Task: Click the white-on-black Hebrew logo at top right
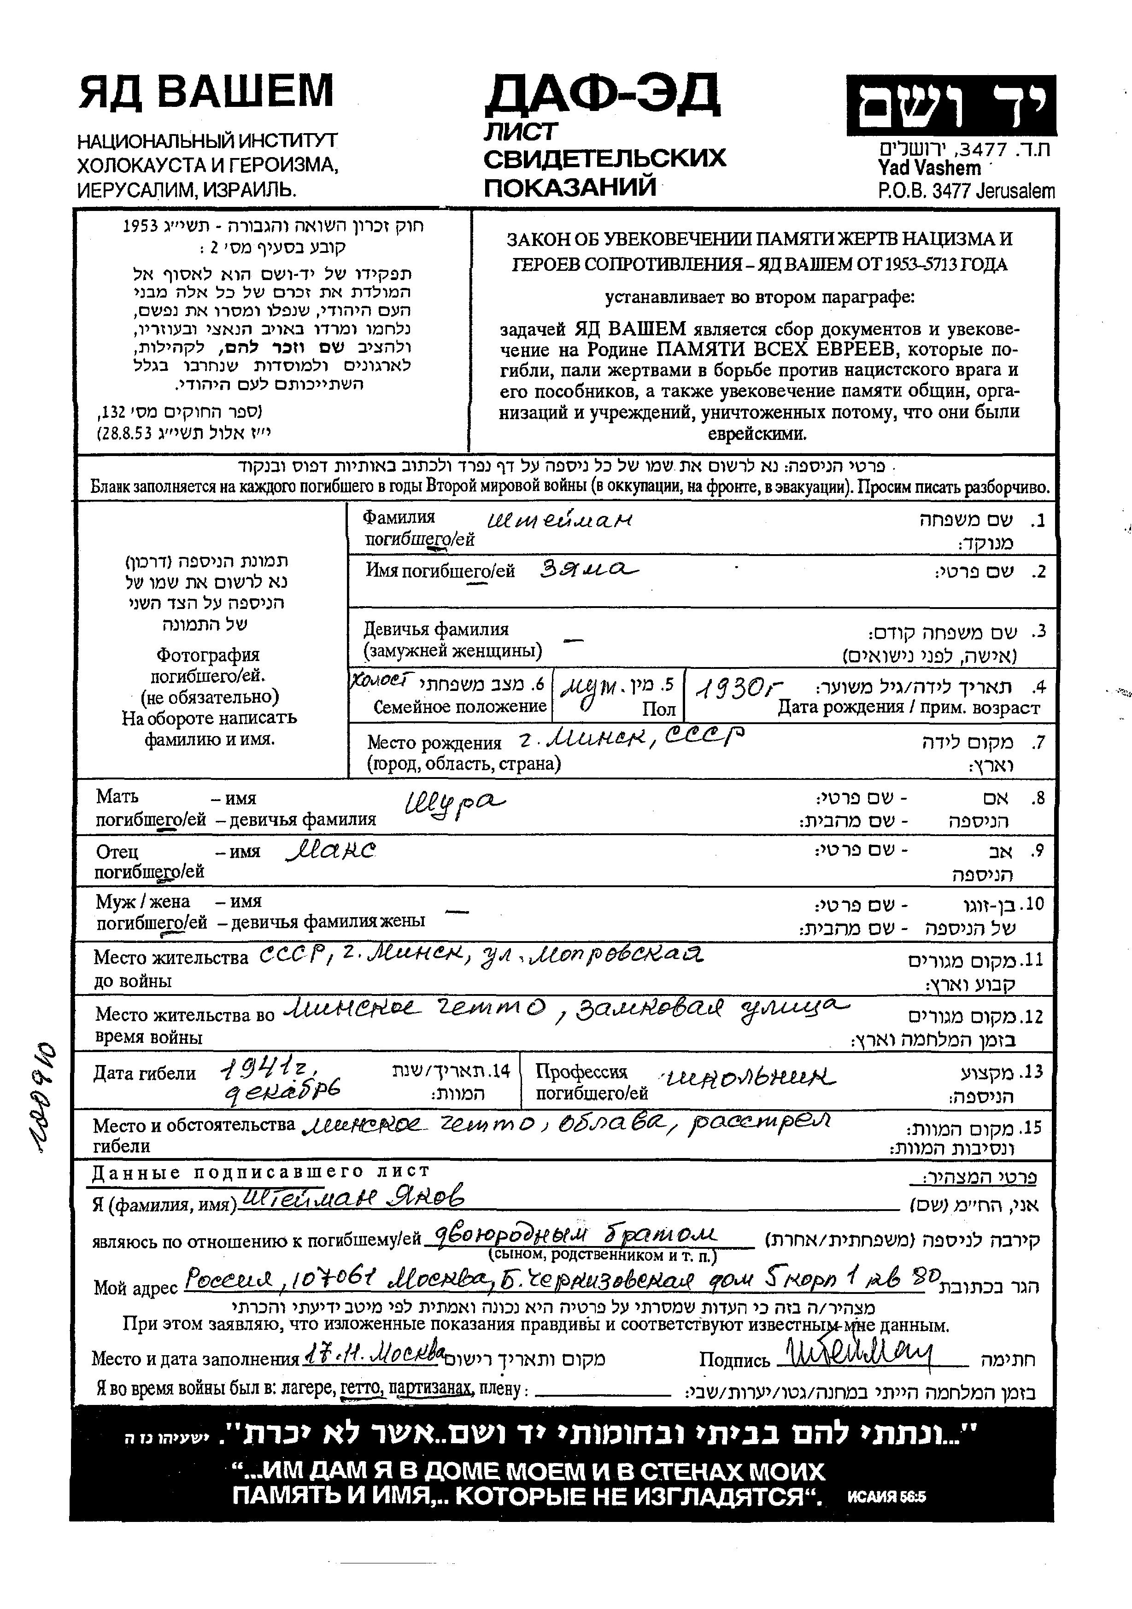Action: click(950, 105)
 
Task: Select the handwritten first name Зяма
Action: click(589, 570)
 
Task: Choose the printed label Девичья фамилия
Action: click(435, 629)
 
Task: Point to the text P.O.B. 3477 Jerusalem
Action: click(965, 191)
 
